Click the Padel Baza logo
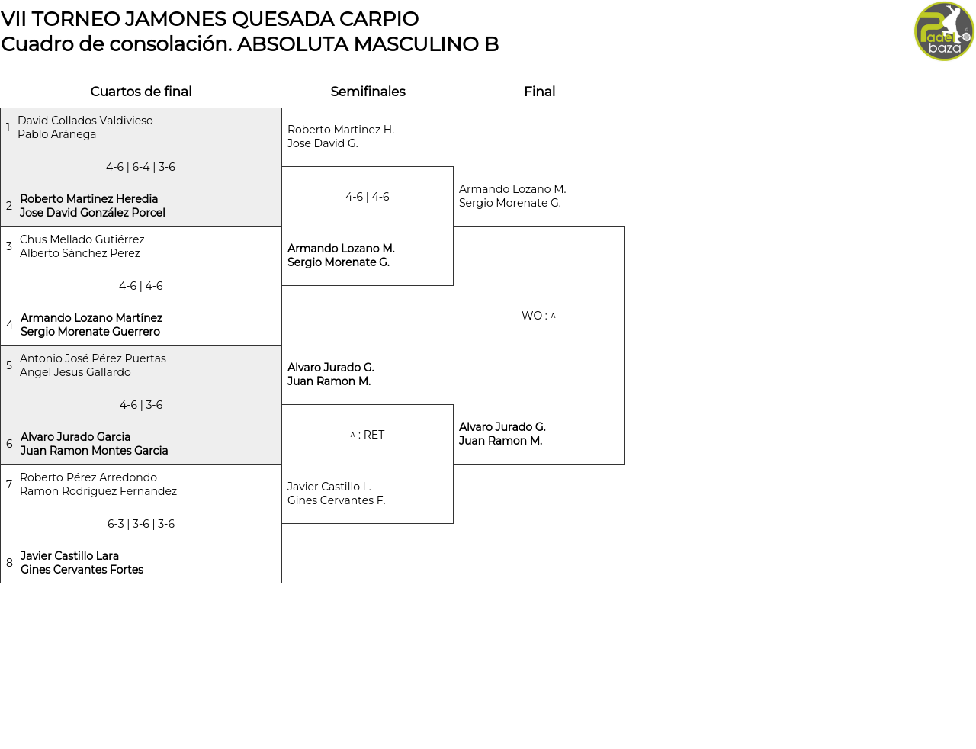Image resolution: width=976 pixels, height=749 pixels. [x=944, y=31]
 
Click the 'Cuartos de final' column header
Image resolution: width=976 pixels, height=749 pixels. [x=141, y=92]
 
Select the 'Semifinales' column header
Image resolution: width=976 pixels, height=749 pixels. [x=368, y=92]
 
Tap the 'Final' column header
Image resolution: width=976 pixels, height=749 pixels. [x=539, y=92]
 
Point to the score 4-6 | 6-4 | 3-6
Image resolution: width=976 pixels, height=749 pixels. [x=140, y=167]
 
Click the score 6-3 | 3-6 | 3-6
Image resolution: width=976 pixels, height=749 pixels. [x=141, y=524]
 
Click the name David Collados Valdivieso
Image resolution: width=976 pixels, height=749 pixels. [x=85, y=121]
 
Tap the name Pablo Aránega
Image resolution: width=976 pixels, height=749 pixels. [x=57, y=134]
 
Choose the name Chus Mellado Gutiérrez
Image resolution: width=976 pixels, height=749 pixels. [x=82, y=239]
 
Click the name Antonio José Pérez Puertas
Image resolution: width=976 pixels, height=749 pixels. [x=93, y=358]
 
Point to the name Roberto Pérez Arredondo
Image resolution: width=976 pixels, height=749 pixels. [x=88, y=477]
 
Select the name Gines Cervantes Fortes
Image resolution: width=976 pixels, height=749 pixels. [x=82, y=570]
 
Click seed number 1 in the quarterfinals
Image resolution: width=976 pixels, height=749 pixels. [x=8, y=127]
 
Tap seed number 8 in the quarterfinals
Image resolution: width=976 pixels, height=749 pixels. [x=9, y=563]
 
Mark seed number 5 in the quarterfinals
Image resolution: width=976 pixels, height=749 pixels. [x=9, y=365]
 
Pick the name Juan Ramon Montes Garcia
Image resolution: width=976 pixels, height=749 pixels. [x=95, y=451]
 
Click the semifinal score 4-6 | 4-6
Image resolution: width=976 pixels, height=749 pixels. [x=368, y=197]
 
